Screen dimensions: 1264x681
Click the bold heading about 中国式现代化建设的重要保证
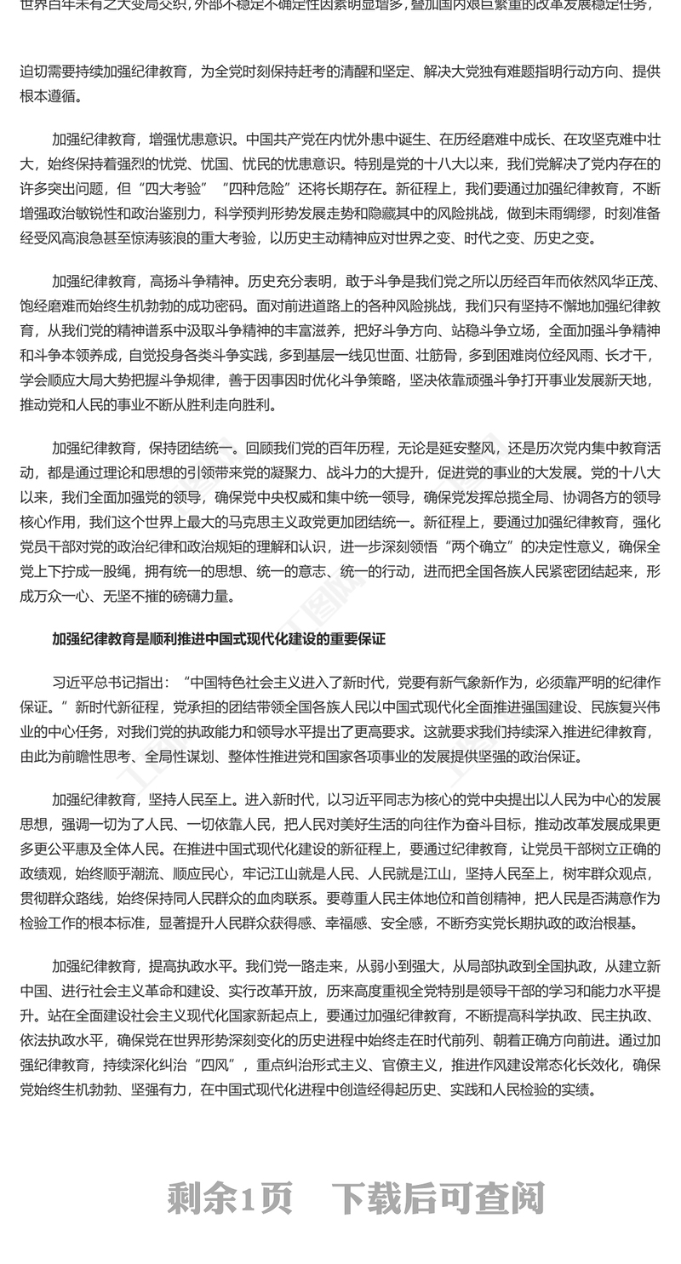pyautogui.click(x=219, y=638)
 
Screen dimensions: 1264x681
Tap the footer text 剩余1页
pyautogui.click(x=230, y=1198)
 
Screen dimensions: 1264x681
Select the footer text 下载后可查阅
pyautogui.click(x=438, y=1198)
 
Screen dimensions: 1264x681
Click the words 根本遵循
pyautogui.click(x=50, y=96)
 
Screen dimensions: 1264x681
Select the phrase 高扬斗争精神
pyautogui.click(x=191, y=282)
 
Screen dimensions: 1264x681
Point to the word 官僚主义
pyautogui.click(x=382, y=1065)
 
